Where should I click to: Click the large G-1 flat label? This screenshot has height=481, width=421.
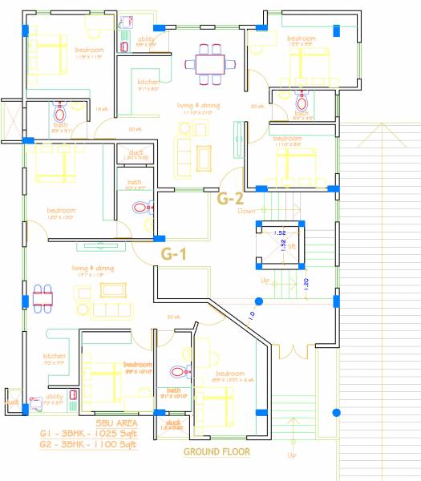tap(174, 255)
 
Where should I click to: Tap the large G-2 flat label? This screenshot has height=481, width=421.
tap(229, 198)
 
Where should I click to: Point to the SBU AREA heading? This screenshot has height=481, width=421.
tap(115, 421)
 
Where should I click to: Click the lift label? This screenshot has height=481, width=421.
tap(293, 246)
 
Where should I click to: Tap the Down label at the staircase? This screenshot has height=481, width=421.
tap(247, 212)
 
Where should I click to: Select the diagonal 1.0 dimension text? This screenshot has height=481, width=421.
tap(251, 315)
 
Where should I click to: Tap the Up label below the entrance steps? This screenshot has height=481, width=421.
tap(290, 455)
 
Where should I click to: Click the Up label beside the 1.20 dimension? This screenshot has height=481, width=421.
tap(265, 281)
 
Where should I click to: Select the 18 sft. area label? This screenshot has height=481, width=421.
tap(101, 109)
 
